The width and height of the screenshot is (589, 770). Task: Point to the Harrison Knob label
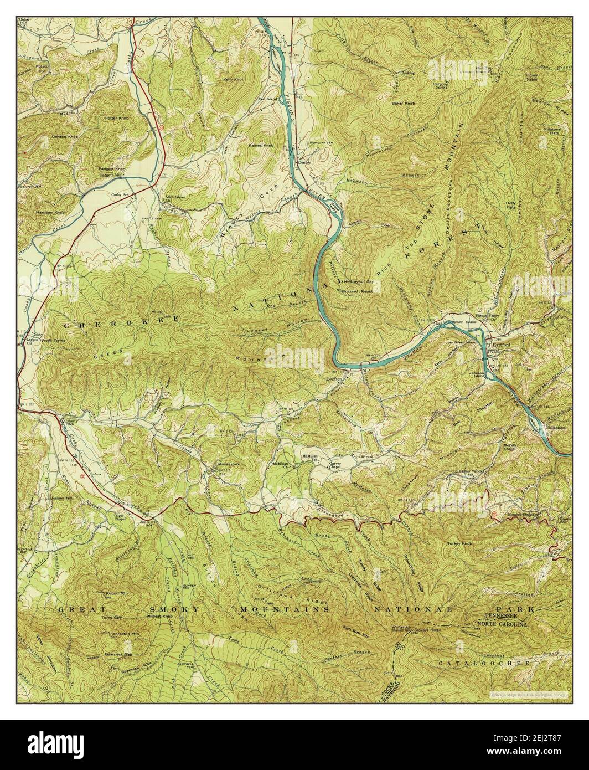(51, 212)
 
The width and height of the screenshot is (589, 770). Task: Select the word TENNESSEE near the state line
(505, 616)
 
